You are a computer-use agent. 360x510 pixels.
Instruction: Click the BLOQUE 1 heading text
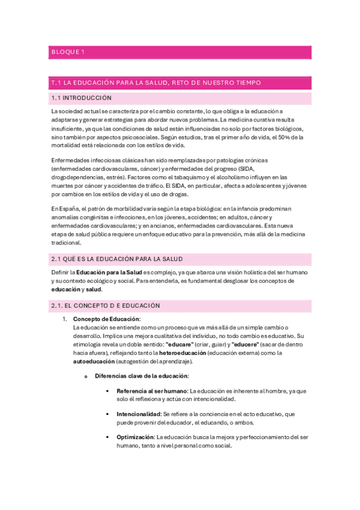[68, 52]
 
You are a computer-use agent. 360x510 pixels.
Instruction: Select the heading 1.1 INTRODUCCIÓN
[82, 97]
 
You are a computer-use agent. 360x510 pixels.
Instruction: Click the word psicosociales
[135, 137]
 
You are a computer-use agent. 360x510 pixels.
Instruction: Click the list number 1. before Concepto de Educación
[66, 319]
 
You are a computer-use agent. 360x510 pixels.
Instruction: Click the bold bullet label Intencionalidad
[138, 414]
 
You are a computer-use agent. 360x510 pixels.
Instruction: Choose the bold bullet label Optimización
[135, 437]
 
